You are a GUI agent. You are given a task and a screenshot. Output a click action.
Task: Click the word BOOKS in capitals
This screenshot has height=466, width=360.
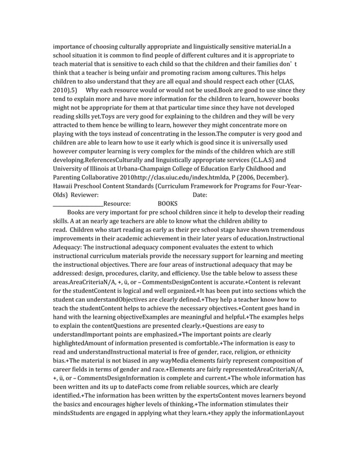(168, 204)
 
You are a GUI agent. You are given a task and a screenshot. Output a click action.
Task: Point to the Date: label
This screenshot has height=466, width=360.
(200, 195)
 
